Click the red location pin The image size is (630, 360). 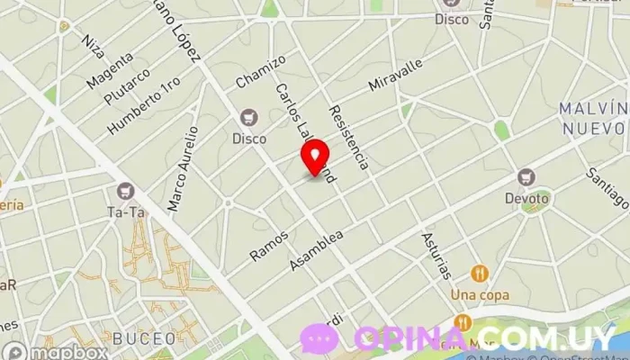click(315, 157)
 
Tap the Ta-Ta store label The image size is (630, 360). click(125, 213)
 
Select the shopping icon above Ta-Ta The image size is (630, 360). click(125, 191)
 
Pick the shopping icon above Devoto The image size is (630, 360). click(527, 176)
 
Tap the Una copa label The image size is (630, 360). click(481, 294)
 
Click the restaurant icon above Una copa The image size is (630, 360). click(481, 273)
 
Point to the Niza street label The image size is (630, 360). click(92, 41)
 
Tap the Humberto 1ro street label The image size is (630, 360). click(144, 106)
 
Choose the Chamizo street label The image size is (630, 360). click(260, 72)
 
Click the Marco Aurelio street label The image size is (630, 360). click(182, 169)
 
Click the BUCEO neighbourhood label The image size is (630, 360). click(145, 338)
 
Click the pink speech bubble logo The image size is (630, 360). click(319, 338)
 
